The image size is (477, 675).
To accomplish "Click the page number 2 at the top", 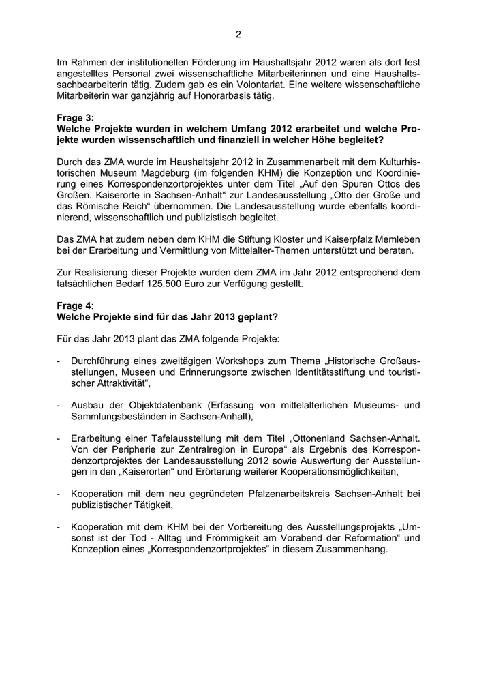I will tap(238, 33).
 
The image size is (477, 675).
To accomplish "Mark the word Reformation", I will tap(371, 538).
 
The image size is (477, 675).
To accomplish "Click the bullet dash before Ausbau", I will tap(59, 406).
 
